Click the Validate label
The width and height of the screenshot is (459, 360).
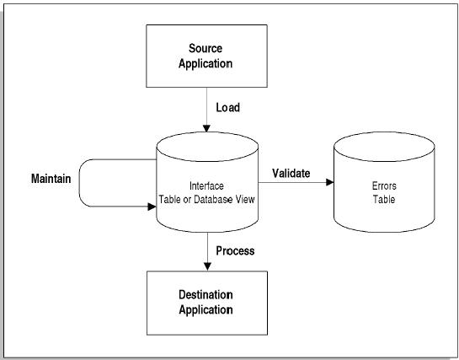(291, 173)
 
